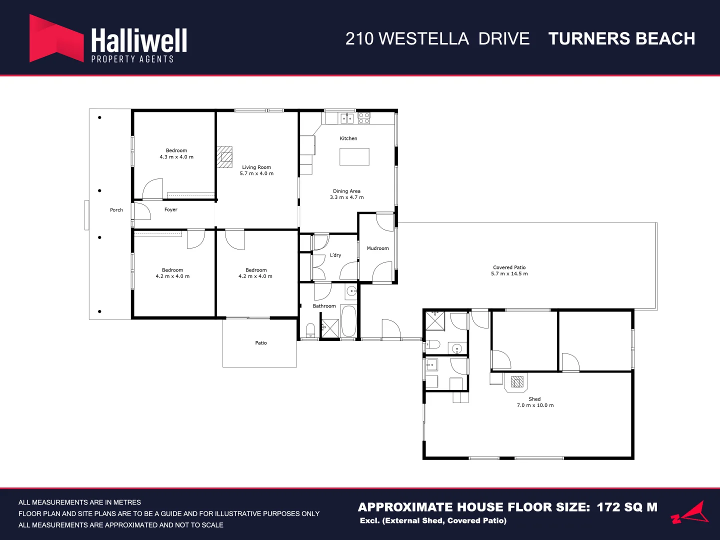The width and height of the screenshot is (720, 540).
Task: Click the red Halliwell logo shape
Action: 56,38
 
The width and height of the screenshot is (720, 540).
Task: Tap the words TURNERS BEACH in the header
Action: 621,38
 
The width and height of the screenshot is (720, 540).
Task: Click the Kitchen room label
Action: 348,138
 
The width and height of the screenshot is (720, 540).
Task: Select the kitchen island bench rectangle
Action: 354,156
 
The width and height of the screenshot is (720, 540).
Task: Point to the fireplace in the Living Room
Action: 224,157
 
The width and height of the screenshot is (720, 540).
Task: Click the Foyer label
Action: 170,209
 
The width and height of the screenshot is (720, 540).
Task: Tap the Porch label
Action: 116,210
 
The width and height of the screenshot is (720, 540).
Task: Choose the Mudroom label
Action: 377,248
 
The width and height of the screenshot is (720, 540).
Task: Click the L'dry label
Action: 335,255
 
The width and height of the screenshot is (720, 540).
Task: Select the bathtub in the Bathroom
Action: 348,320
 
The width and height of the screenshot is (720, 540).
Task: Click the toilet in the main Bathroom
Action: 310,330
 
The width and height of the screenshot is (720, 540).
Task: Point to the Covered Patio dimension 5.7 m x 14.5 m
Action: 509,273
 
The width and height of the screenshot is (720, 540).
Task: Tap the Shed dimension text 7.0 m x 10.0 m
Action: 535,405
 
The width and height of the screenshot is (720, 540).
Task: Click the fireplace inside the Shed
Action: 517,382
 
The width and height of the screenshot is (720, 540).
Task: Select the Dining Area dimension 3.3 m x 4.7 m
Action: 346,197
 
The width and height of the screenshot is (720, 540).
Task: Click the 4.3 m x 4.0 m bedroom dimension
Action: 176,156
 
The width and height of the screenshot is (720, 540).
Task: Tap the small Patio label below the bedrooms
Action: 261,342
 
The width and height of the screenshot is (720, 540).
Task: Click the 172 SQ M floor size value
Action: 627,507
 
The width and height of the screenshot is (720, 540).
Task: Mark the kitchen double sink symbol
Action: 347,118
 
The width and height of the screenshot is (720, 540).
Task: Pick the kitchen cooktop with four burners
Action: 364,118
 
